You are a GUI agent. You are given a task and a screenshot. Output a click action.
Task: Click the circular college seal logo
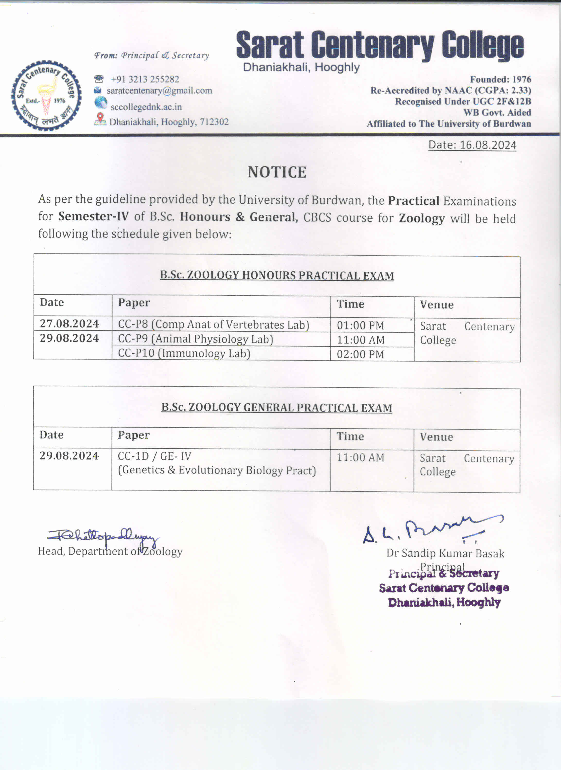click(x=46, y=95)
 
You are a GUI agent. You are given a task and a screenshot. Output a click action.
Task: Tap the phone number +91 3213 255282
click(x=145, y=79)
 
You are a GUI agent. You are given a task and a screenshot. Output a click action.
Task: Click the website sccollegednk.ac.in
click(x=146, y=107)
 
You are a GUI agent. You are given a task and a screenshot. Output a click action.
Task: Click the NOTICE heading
click(x=277, y=172)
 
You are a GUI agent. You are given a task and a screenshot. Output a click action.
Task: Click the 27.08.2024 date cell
click(x=69, y=323)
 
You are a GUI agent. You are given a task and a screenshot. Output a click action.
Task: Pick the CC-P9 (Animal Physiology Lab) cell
click(x=195, y=339)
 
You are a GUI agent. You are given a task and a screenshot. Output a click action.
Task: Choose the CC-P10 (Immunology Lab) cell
click(x=184, y=354)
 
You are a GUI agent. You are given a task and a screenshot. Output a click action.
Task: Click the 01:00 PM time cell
click(x=360, y=325)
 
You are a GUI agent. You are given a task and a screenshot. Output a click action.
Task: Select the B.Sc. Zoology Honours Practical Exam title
click(x=277, y=275)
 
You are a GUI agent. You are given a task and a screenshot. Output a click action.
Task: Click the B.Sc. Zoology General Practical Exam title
click(x=277, y=407)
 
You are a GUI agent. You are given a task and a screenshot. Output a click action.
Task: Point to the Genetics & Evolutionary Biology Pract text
click(x=217, y=470)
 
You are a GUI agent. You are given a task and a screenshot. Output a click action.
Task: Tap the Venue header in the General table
click(x=436, y=437)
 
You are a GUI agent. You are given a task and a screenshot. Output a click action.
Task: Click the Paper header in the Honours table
click(x=134, y=303)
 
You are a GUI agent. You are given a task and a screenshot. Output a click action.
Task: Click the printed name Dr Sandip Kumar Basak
click(x=445, y=553)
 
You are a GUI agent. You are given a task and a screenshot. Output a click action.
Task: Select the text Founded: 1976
click(x=500, y=79)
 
